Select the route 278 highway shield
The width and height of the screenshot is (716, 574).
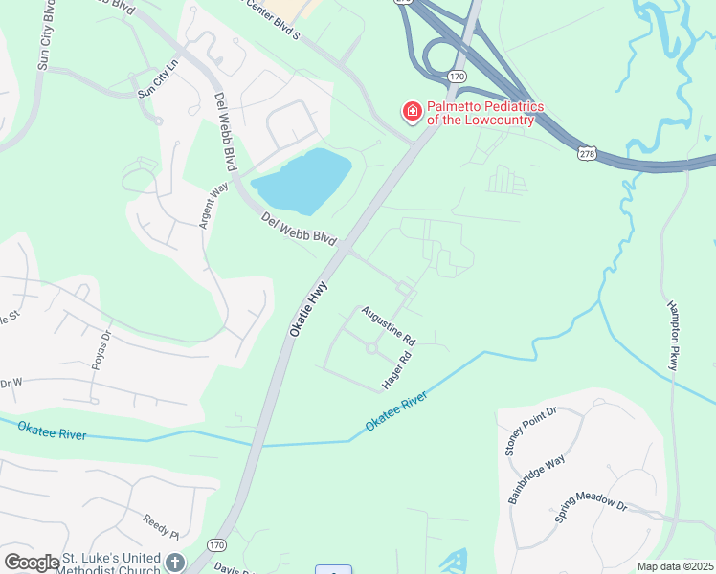point(587,153)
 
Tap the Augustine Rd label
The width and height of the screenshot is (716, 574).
point(388,326)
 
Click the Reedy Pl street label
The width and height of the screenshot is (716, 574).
point(162,526)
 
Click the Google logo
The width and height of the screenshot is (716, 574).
point(32,563)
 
